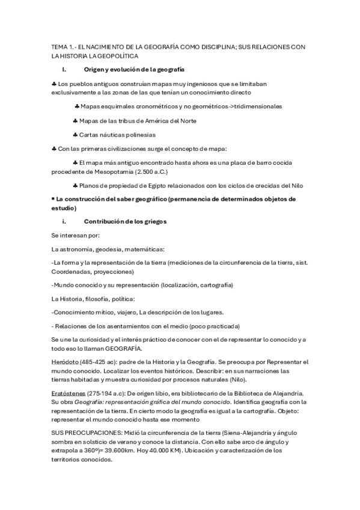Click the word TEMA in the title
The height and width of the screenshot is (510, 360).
[60, 46]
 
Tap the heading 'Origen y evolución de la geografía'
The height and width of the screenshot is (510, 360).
[134, 72]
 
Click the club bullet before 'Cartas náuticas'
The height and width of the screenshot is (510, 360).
[75, 135]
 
